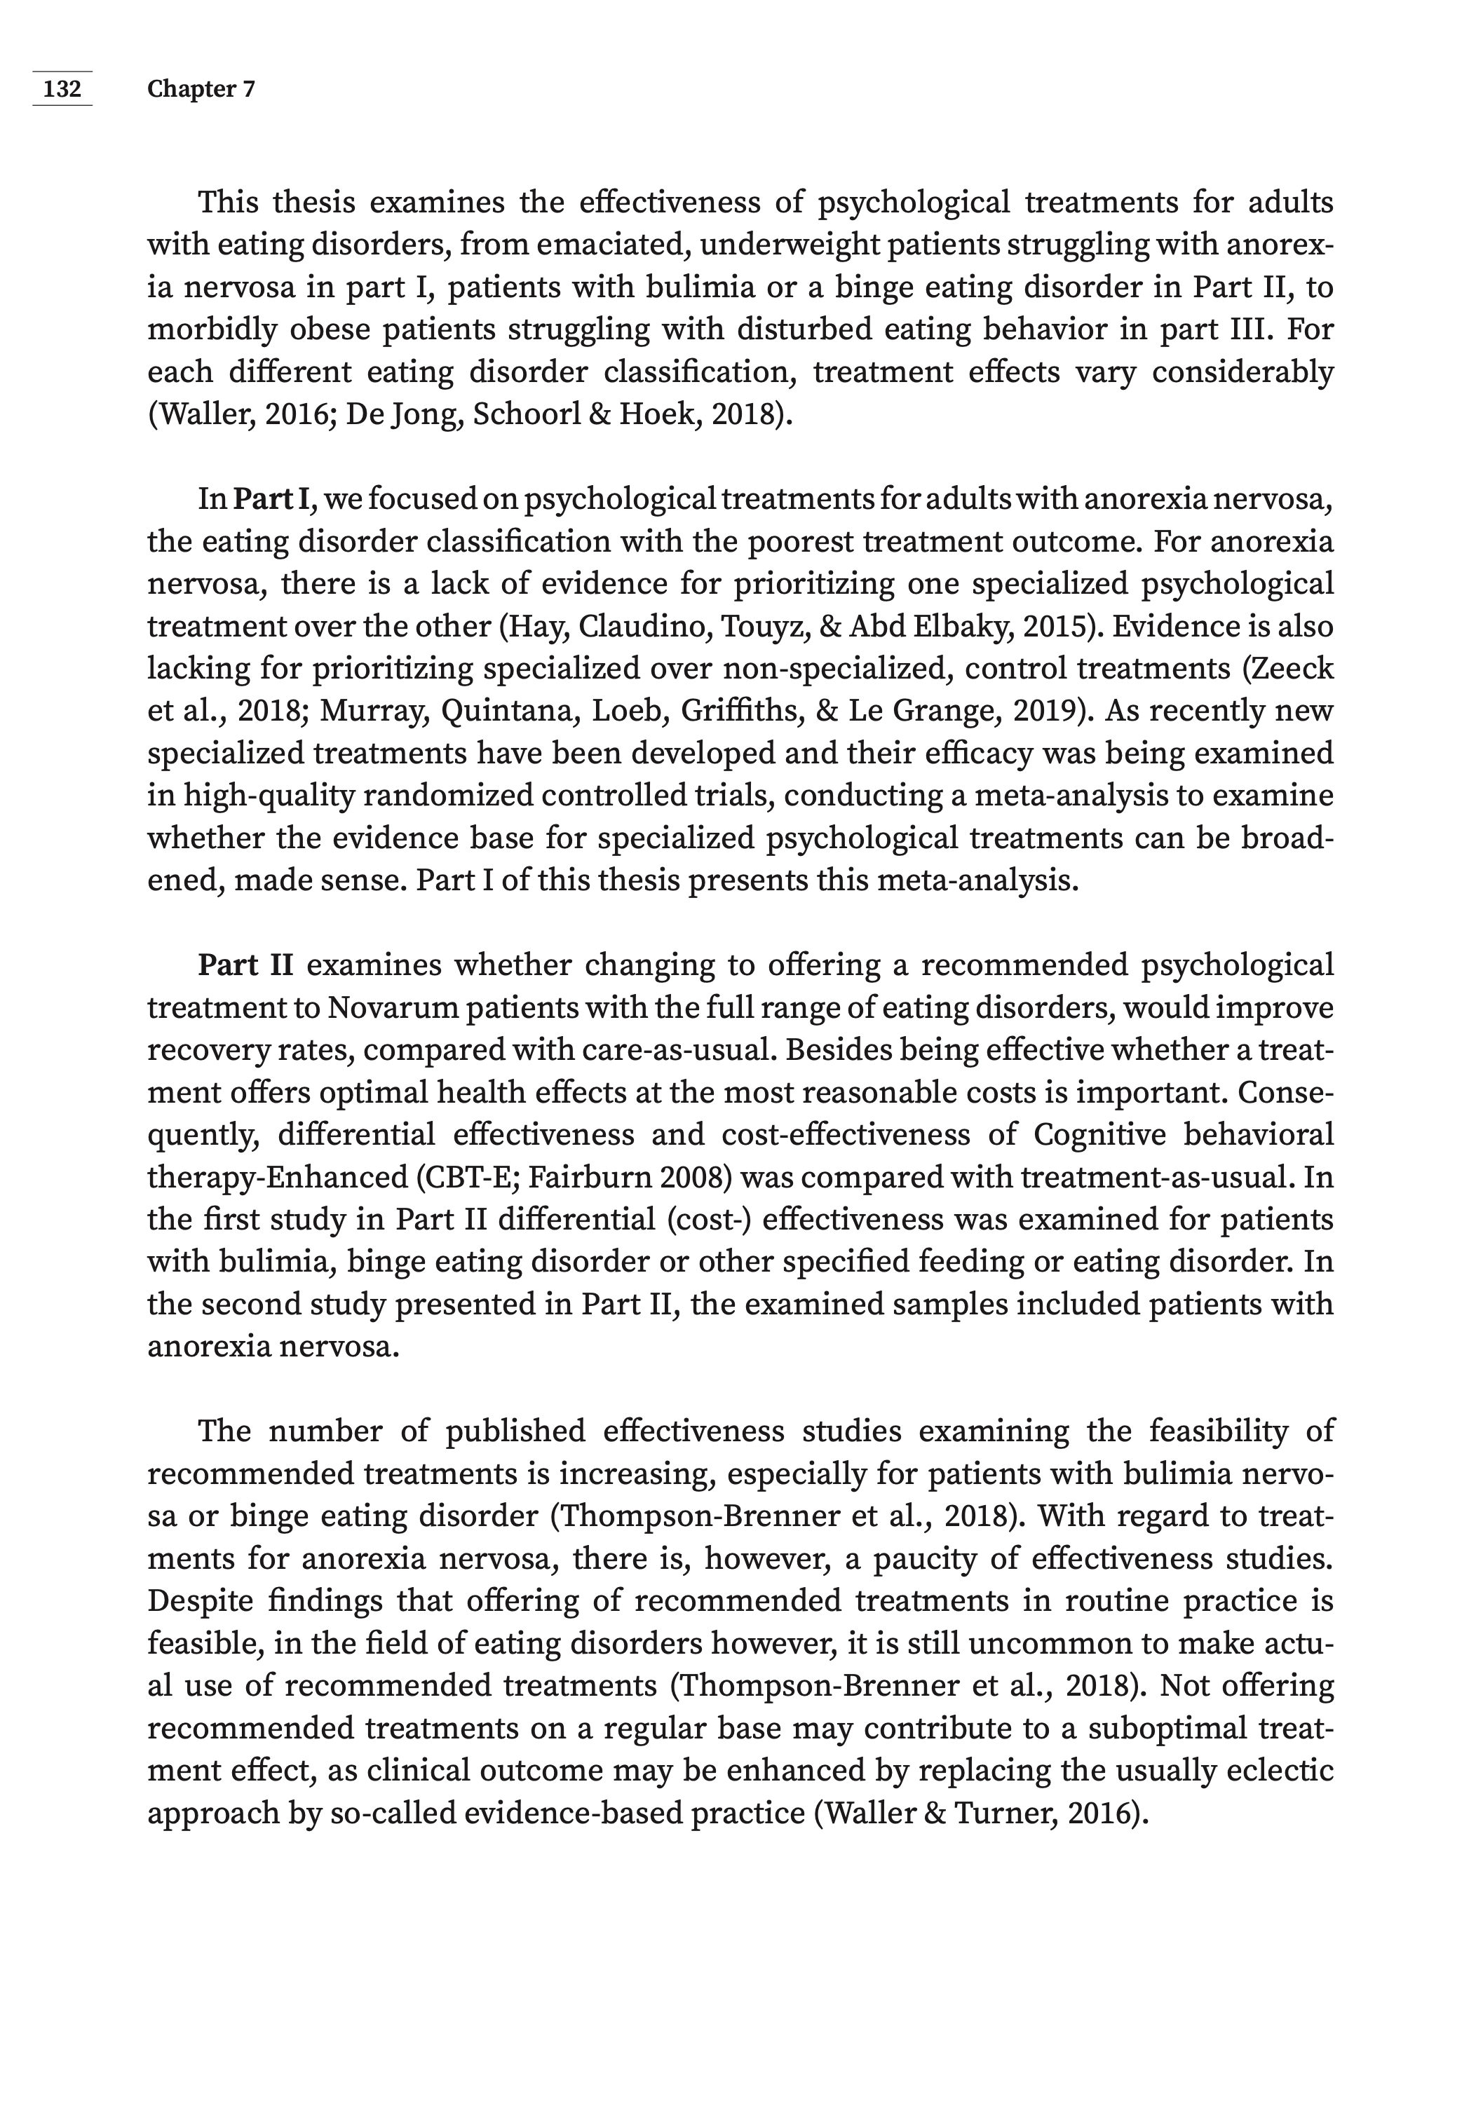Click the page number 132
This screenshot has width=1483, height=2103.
(62, 89)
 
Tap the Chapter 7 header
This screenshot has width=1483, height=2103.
(201, 89)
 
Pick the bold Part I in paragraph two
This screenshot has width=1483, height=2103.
(273, 499)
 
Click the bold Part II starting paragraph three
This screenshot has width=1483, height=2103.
(245, 965)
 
